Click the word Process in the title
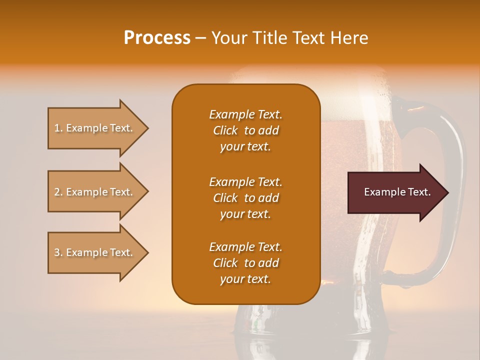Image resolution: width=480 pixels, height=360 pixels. pos(157,38)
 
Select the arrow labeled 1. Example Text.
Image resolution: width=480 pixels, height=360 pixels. pos(95,128)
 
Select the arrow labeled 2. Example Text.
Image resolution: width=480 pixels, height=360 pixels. pos(95,192)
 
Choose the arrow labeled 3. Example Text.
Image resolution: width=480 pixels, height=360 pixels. pos(95,252)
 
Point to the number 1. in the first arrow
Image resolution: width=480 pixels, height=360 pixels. pos(58,128)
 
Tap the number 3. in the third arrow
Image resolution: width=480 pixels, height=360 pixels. pos(58,253)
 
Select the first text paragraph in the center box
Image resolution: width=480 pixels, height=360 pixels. pos(245,130)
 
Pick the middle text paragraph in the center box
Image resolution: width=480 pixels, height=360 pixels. pos(245,198)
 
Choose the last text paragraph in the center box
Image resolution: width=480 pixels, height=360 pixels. pos(245,263)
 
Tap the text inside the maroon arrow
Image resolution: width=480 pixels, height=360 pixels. pos(397,192)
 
